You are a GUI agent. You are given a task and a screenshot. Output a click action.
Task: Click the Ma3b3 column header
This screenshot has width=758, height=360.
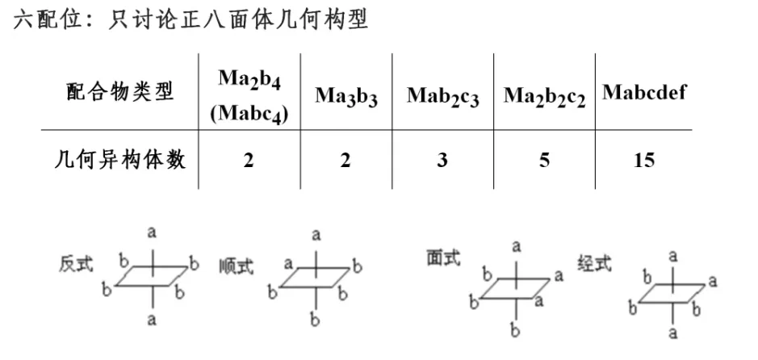[346, 95]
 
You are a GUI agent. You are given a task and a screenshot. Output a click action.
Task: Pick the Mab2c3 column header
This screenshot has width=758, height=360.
[442, 95]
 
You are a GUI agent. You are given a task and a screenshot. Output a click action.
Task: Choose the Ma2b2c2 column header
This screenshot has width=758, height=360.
[544, 95]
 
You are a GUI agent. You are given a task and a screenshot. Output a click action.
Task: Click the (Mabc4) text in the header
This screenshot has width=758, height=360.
[249, 113]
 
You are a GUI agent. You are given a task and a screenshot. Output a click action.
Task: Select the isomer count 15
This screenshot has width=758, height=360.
[643, 160]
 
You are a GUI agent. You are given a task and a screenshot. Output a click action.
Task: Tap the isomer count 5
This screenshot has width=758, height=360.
[545, 160]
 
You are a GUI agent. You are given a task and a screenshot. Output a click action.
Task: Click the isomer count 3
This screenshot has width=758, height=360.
[442, 160]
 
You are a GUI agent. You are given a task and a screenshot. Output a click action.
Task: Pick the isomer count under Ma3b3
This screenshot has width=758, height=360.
[345, 160]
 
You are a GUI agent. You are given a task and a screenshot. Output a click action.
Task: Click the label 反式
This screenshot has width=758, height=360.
[76, 264]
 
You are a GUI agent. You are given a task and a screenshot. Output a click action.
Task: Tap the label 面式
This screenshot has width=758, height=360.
[443, 257]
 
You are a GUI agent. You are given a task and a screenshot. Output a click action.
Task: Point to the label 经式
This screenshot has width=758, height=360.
[595, 264]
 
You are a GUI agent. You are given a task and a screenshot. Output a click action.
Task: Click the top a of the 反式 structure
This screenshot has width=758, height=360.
[152, 232]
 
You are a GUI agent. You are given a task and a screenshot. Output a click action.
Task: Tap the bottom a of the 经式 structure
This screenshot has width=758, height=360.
[672, 332]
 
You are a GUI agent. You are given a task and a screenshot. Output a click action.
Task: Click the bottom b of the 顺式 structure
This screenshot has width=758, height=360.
[316, 320]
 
